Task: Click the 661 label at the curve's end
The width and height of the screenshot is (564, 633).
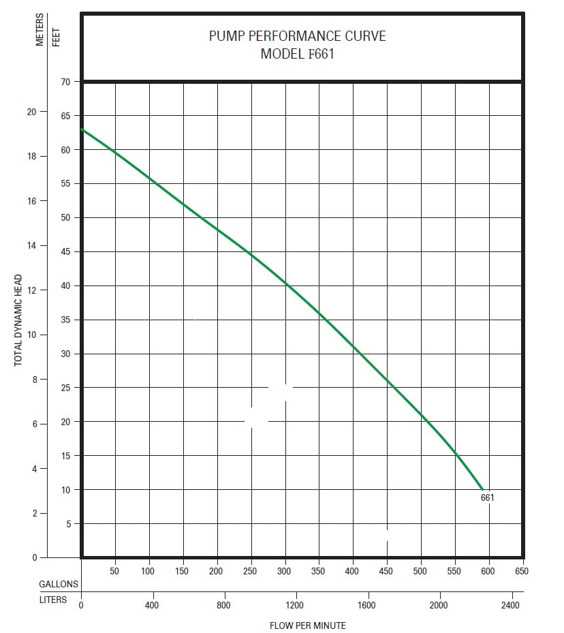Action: pos(487,497)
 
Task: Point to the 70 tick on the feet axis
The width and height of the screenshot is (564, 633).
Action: pos(67,82)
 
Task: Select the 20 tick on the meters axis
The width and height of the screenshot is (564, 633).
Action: pos(32,111)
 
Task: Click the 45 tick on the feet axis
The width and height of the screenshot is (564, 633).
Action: pos(67,252)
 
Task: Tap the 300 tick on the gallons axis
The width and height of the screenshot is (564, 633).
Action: pos(284,572)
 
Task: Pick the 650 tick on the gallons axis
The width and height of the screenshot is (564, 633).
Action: pos(521,572)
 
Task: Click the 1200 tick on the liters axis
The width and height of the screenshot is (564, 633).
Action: pos(295,605)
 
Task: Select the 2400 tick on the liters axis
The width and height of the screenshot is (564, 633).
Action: pos(510,605)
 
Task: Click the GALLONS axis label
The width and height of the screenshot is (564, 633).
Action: pos(59,585)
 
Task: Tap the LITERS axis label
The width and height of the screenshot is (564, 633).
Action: pos(53,600)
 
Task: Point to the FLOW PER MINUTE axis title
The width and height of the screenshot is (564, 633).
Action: pos(308,626)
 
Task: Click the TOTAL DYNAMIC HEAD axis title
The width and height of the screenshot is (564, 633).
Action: pos(18,320)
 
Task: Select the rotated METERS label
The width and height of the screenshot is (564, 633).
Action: pos(40,31)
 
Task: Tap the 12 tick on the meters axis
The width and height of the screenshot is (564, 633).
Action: pos(32,290)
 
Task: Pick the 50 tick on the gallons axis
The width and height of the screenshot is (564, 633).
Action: pos(114,572)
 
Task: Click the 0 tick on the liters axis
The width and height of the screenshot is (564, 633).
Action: pos(81,605)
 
